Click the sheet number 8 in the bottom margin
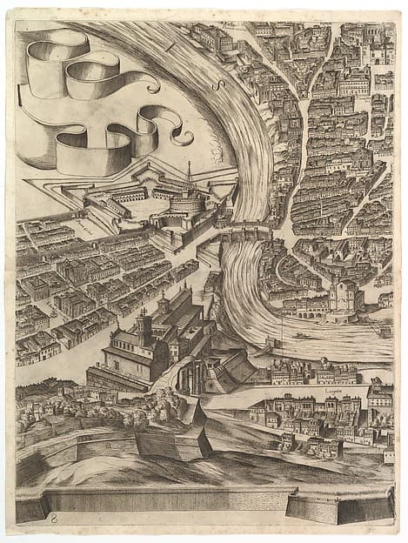56,517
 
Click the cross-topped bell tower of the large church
144,326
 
